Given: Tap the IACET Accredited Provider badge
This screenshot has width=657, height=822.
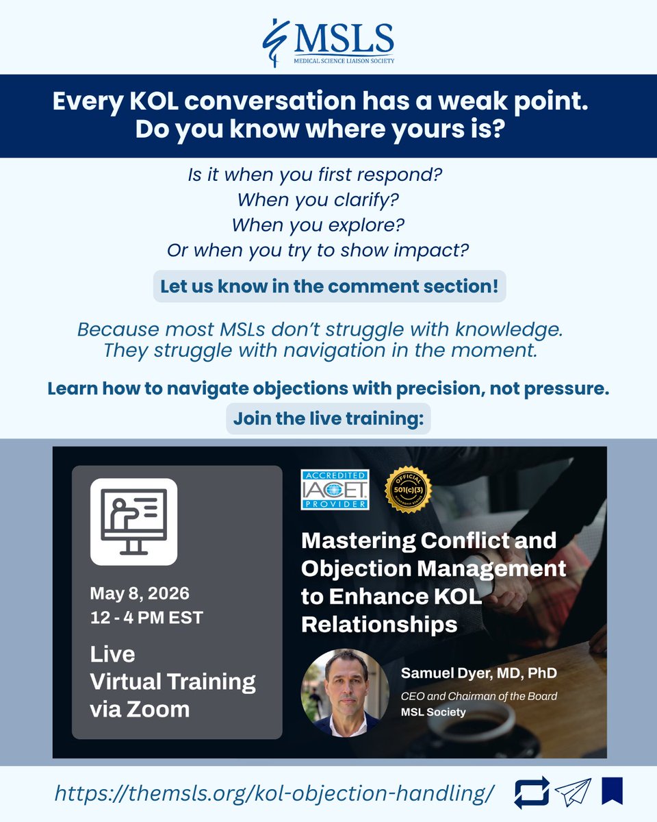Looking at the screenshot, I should pyautogui.click(x=335, y=489).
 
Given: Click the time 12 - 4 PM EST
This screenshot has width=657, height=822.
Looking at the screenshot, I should pyautogui.click(x=146, y=616).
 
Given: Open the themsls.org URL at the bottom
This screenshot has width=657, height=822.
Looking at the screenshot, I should pyautogui.click(x=274, y=795).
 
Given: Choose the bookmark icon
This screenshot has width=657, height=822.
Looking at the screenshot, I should pyautogui.click(x=610, y=793).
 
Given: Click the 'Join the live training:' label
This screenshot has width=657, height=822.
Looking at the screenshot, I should pyautogui.click(x=328, y=419).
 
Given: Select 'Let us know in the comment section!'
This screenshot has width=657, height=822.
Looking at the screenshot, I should pyautogui.click(x=328, y=286).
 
